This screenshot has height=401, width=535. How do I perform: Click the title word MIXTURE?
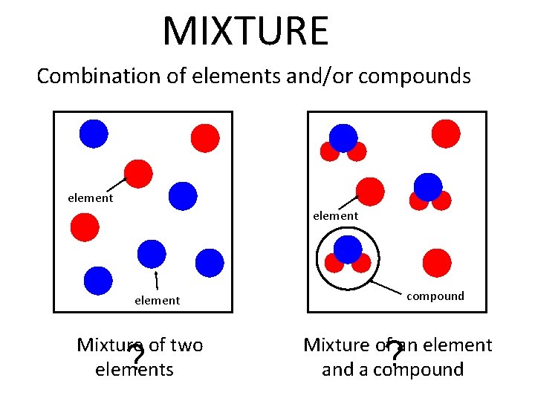245,31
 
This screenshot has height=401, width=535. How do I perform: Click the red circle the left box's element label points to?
137,173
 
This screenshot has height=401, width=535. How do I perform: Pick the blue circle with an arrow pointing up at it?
152,253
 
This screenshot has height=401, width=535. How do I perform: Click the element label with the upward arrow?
157,300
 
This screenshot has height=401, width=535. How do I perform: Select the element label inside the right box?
335,215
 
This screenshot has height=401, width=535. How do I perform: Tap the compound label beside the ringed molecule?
435,296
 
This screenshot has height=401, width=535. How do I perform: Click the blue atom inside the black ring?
346,247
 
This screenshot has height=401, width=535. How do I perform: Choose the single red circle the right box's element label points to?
370,192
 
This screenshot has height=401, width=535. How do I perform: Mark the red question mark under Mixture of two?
135,358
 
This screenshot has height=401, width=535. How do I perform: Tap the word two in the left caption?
187,345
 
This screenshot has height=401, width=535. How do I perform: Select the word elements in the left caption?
134,369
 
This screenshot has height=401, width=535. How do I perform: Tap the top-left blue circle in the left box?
94,134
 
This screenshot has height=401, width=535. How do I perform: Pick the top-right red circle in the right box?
446,134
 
